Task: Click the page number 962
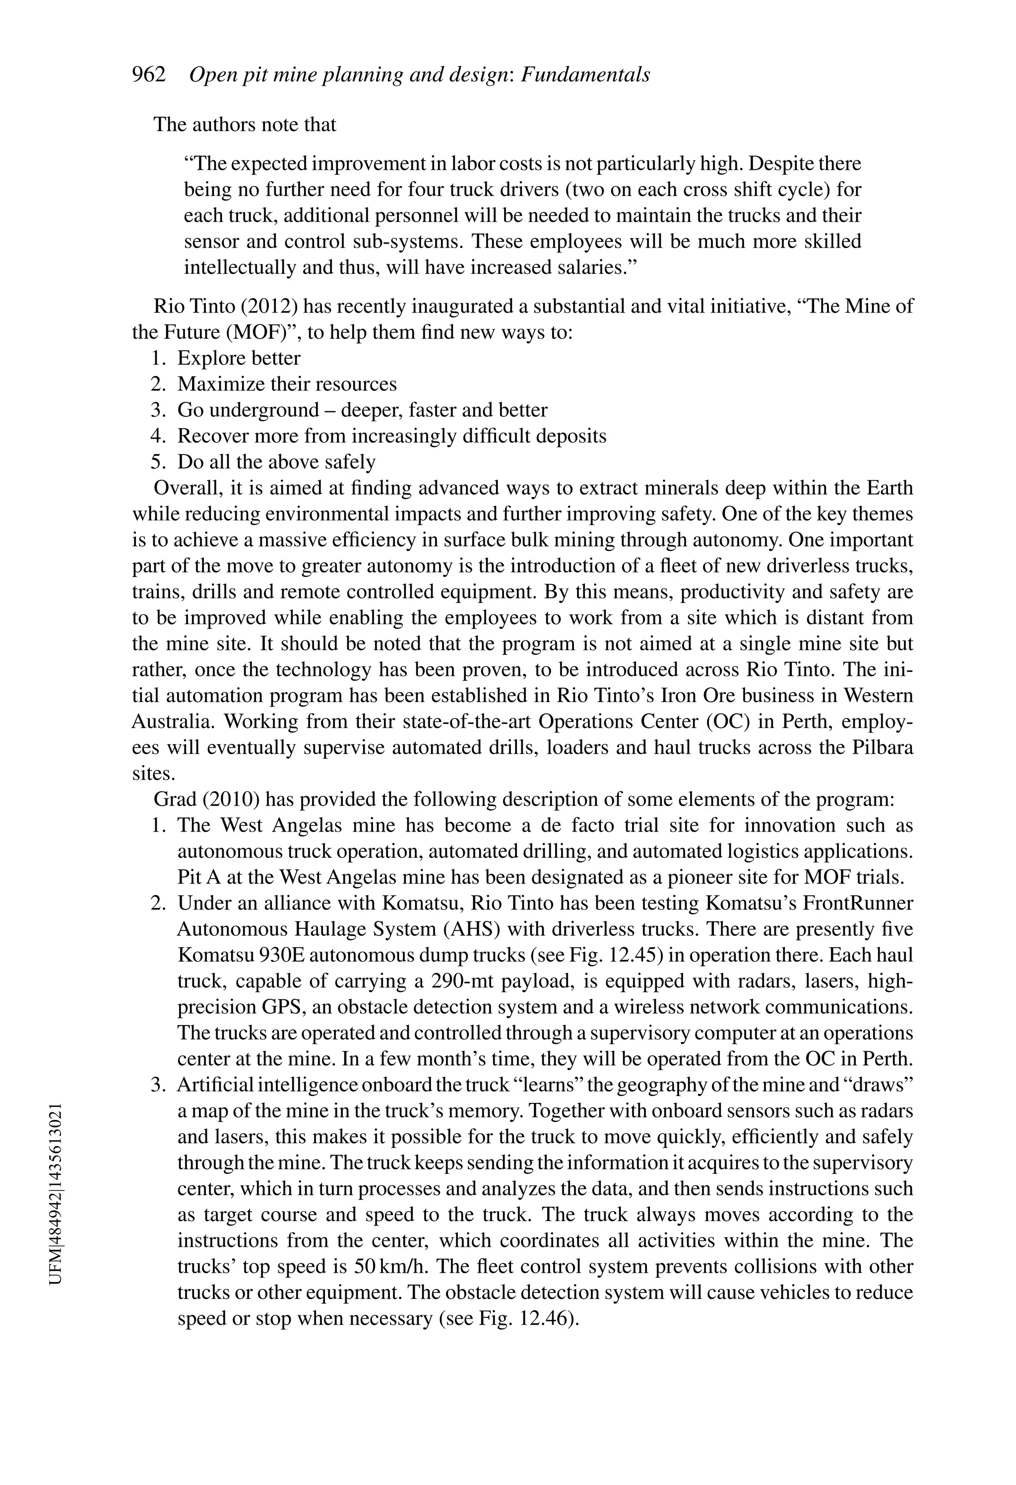coord(148,75)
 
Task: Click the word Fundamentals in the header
coord(585,75)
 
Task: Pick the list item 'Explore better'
coord(238,358)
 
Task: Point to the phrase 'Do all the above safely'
coord(276,462)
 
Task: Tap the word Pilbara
coord(883,748)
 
